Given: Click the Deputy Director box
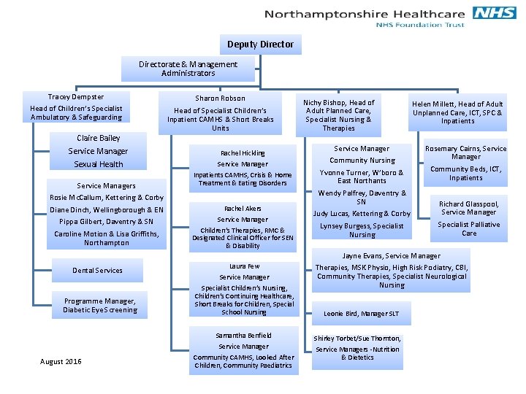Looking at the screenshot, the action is (x=260, y=45).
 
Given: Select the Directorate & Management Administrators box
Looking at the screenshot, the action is (x=188, y=69).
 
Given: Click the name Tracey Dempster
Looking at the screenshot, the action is (x=76, y=97).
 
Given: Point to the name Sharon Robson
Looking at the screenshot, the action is (x=220, y=98).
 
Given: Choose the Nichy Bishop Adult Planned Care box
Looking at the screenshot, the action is (x=339, y=115).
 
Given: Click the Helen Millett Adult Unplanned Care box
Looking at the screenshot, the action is (x=457, y=112).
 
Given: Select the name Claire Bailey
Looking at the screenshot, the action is (x=98, y=138).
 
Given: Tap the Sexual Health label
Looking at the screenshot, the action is (x=98, y=164).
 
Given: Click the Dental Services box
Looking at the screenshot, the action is (x=97, y=271).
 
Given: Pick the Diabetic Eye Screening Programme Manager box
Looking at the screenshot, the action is (x=99, y=306).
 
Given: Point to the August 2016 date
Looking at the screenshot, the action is (x=61, y=362).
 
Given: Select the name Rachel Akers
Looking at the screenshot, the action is (x=243, y=209).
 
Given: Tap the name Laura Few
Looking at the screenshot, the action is (x=244, y=266).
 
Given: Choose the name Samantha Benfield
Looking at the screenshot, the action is (x=244, y=336).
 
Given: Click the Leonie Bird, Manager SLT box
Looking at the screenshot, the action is (x=362, y=314).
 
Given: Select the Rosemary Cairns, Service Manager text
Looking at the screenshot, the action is (x=465, y=152).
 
